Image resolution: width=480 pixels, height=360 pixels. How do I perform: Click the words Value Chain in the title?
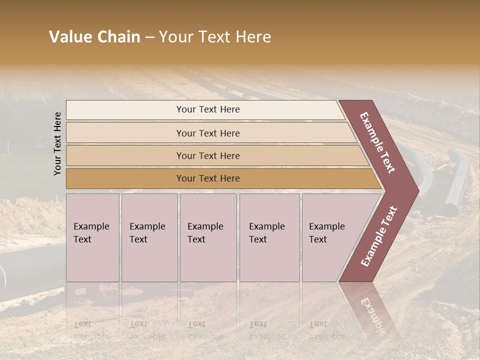point(95,37)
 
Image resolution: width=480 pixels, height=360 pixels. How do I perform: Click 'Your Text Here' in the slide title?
point(215,37)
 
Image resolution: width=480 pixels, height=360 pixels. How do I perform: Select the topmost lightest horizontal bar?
point(207,109)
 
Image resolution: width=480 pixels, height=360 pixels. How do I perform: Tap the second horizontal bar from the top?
point(207,133)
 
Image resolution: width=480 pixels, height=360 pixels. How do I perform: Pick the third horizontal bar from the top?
point(207,155)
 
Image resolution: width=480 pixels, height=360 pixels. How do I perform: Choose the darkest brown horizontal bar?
point(207,178)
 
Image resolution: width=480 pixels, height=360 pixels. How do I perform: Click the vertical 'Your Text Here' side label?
point(57,143)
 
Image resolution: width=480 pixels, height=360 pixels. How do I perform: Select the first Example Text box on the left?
point(92,237)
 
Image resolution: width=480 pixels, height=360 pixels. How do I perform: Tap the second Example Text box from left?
point(149,237)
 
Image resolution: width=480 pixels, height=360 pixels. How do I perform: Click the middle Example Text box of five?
point(208,237)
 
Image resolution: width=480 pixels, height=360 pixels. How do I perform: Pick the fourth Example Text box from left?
point(269,237)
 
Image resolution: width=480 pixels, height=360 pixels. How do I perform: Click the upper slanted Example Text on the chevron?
point(377,142)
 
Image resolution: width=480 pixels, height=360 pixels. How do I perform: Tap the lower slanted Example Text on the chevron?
point(379,236)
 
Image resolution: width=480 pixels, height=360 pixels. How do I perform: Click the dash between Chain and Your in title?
point(149,37)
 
